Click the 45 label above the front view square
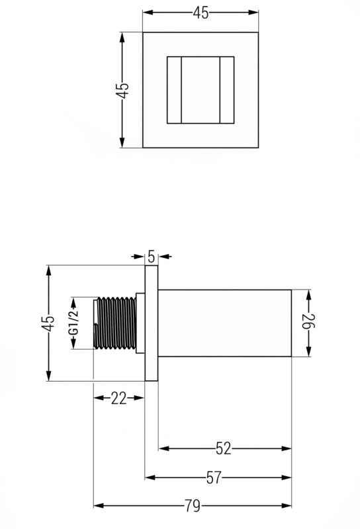(x=201, y=13)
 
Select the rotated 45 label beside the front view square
(x=122, y=91)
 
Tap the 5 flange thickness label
(x=151, y=255)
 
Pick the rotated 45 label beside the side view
(x=48, y=323)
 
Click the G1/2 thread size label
(x=74, y=323)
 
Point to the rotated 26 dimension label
(x=308, y=323)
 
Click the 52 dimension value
(x=224, y=448)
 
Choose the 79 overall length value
(x=192, y=506)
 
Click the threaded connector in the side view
(x=115, y=323)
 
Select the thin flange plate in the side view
(x=151, y=323)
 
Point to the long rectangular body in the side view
(x=224, y=323)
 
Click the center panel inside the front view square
(x=200, y=91)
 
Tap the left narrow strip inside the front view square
(x=173, y=91)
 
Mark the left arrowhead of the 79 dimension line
(x=98, y=506)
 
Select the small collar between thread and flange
(x=140, y=323)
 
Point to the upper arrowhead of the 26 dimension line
(x=308, y=294)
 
